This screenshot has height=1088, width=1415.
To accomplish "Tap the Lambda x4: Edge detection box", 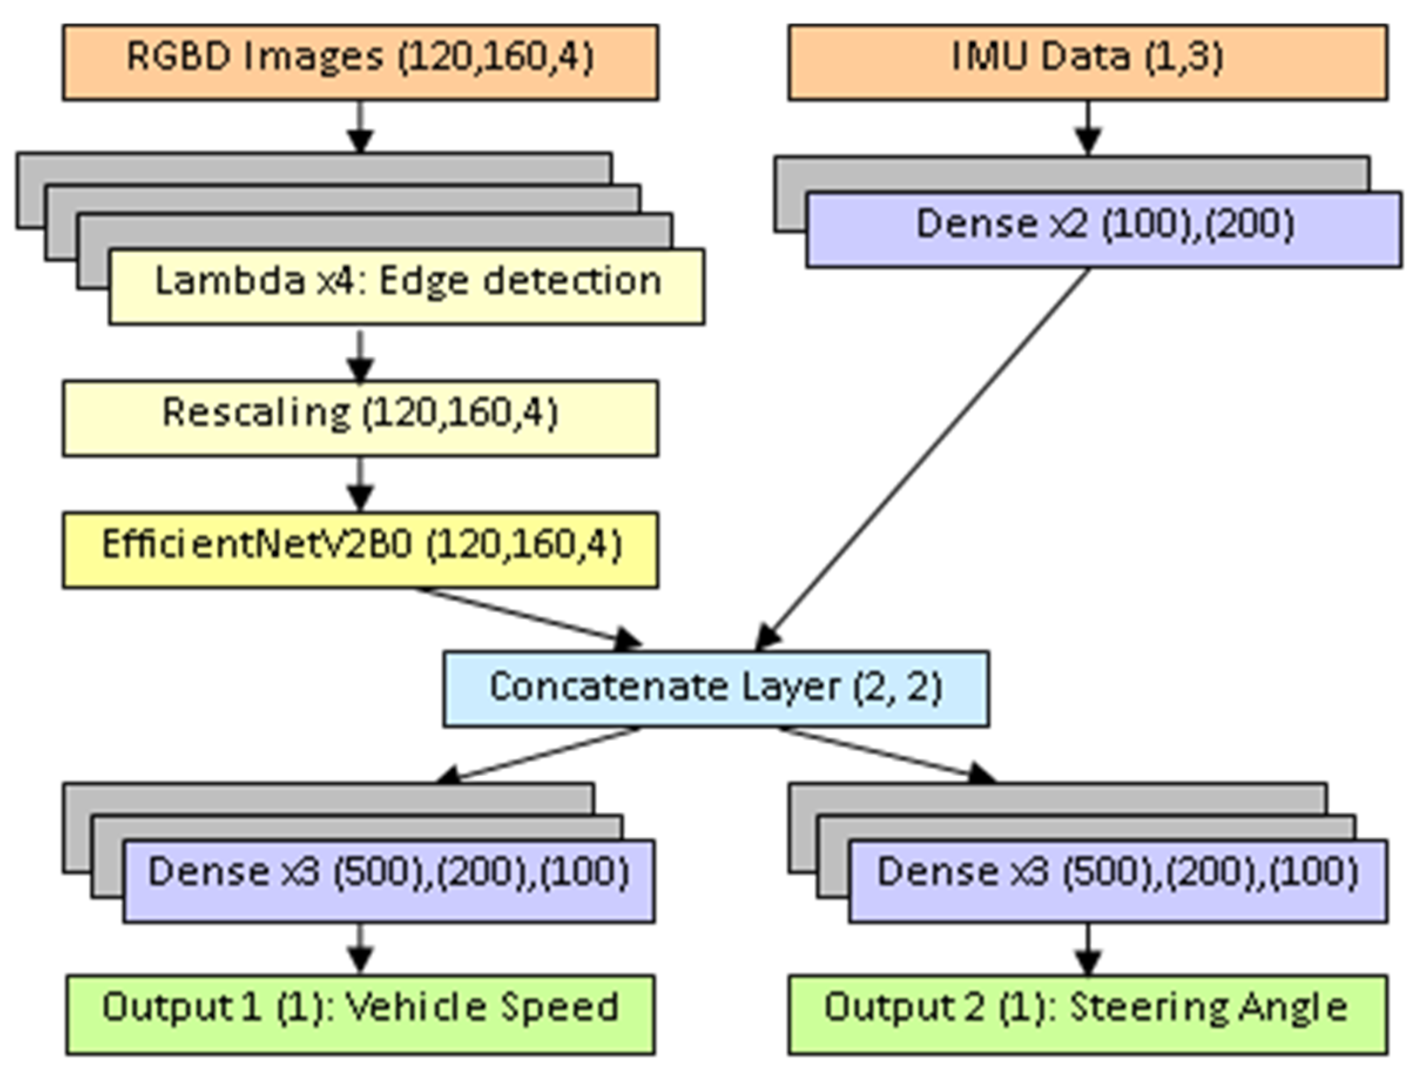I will point(406,286).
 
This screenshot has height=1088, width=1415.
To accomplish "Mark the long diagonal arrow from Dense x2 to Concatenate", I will point(920,460).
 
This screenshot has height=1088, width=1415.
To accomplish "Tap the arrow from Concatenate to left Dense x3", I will point(538,755).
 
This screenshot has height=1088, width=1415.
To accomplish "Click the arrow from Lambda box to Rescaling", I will point(360,356).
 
